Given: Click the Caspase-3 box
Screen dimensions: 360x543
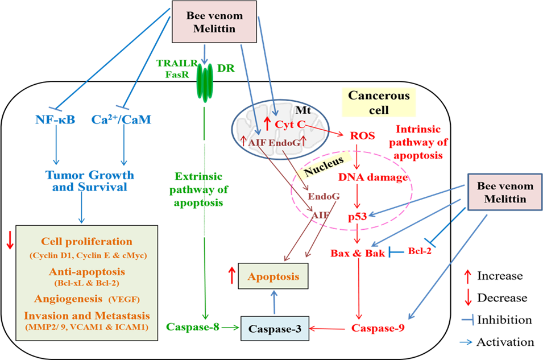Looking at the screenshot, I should click(x=274, y=328).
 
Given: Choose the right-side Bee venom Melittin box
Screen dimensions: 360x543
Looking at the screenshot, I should click(x=505, y=193).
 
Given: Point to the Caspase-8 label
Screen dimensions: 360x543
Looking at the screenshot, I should click(x=193, y=327).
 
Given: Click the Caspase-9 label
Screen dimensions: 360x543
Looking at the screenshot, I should click(x=378, y=328).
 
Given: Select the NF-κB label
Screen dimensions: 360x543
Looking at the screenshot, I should click(x=56, y=120).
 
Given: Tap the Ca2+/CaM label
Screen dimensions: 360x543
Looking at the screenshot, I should click(x=122, y=120).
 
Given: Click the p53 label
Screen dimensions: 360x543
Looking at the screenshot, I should click(x=356, y=216).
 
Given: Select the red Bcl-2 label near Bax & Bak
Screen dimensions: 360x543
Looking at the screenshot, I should click(x=420, y=250).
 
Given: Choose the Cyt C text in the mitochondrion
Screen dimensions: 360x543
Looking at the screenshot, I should click(x=289, y=124).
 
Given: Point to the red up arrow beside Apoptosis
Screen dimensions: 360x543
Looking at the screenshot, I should click(x=231, y=276).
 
